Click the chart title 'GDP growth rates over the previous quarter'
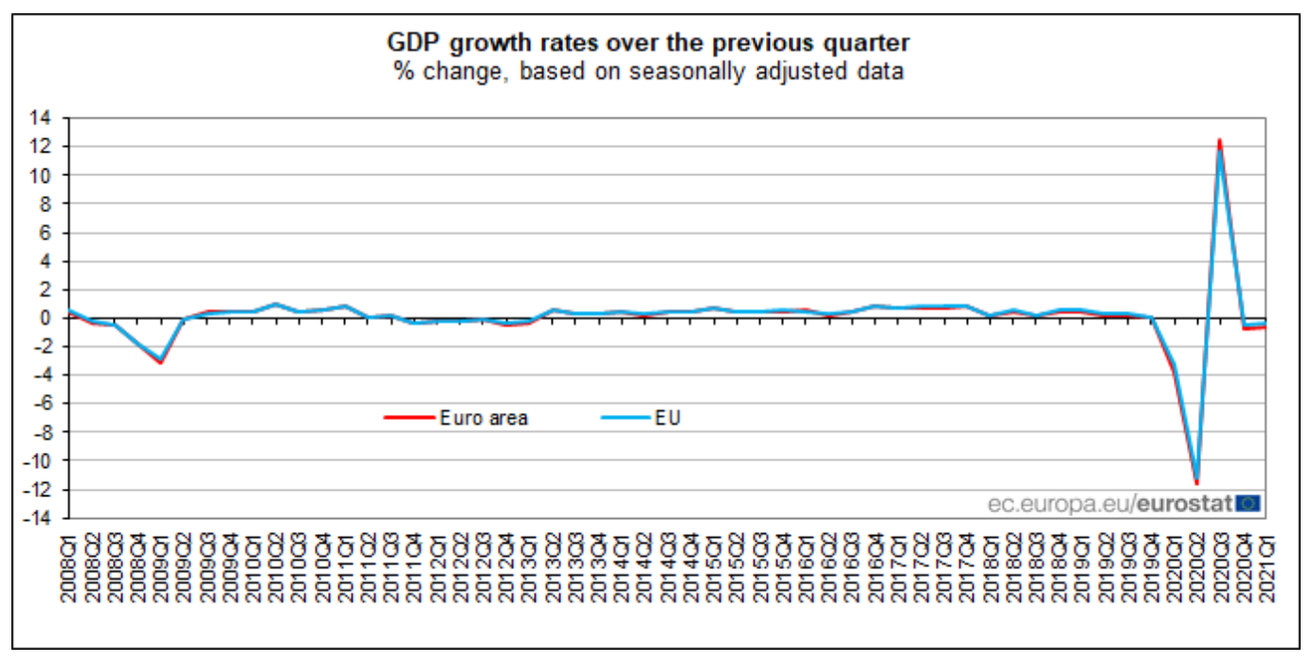tap(648, 43)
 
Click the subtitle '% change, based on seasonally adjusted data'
tap(648, 71)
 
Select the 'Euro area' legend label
tap(483, 418)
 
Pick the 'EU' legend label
tap(667, 418)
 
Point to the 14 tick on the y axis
tap(41, 118)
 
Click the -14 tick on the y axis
tap(38, 518)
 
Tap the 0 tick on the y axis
tap(45, 318)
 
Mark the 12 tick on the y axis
tap(41, 147)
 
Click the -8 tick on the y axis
tap(41, 433)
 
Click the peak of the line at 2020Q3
tap(1219, 141)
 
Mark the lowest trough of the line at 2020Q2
tap(1196, 482)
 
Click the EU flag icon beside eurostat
tap(1250, 504)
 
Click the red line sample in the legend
tap(409, 418)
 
